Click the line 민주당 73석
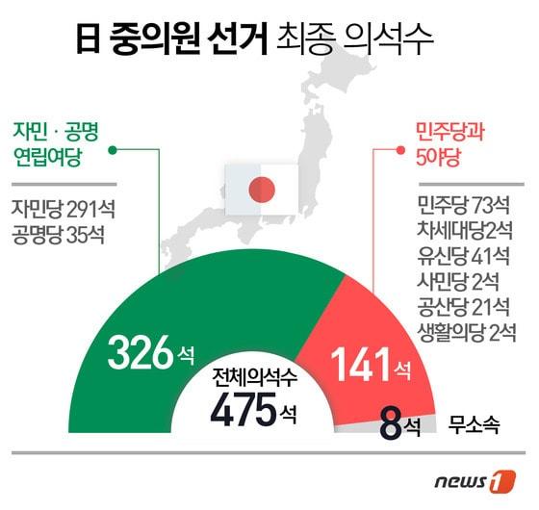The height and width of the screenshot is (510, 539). click(465, 206)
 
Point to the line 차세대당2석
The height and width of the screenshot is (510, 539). click(465, 231)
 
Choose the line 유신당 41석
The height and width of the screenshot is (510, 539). click(465, 257)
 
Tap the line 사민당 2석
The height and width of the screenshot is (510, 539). click(465, 282)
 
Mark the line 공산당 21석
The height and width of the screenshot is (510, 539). click(465, 307)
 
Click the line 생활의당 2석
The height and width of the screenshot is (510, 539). click(465, 332)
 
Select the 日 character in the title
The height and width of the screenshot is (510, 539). click(90, 39)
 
